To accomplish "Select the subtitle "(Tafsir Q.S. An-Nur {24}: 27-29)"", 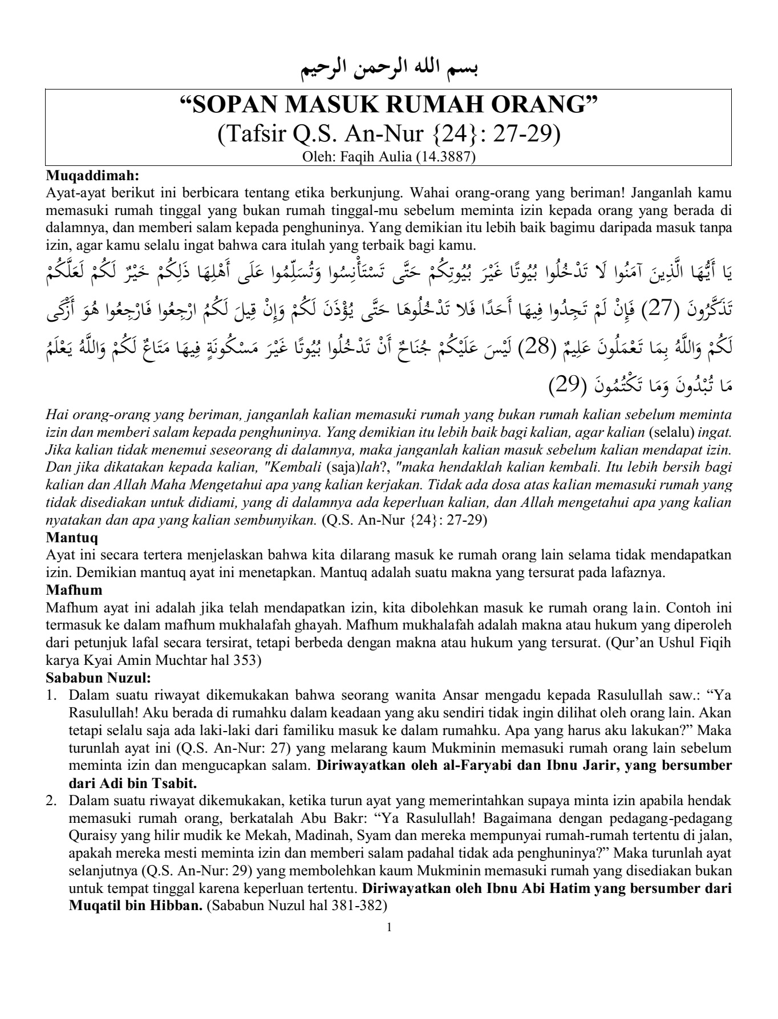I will pos(389,134).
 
